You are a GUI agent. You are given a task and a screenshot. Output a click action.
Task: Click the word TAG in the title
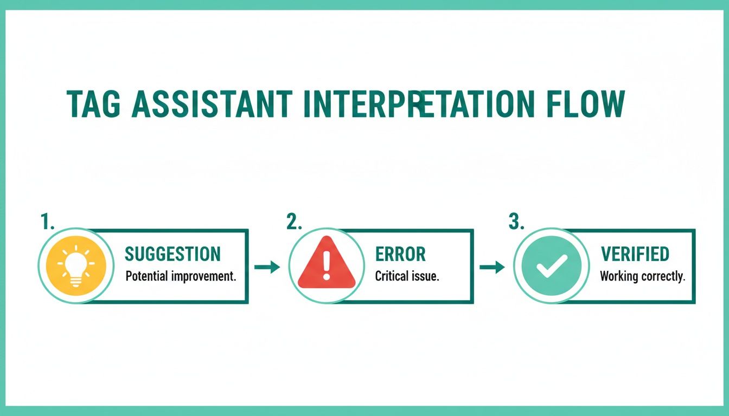click(x=93, y=105)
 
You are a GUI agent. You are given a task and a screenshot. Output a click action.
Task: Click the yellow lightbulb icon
click(x=75, y=265)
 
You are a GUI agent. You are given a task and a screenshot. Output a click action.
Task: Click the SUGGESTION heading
click(x=172, y=254)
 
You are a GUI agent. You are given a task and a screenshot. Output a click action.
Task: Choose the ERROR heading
click(x=400, y=254)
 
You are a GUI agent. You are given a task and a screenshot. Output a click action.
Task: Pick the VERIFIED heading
click(x=635, y=254)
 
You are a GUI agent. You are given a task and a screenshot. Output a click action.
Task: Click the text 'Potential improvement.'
click(x=181, y=276)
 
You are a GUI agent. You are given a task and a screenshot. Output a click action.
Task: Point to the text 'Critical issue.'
click(x=407, y=276)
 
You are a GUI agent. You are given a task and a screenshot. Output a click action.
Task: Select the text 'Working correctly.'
click(x=642, y=276)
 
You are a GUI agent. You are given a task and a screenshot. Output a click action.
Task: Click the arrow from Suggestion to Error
click(x=267, y=266)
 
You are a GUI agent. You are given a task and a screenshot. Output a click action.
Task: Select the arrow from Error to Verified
click(x=492, y=266)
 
